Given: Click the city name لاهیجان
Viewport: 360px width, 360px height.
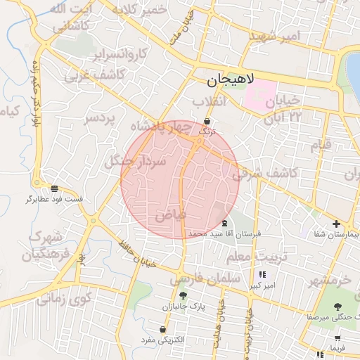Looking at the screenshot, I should (234, 82).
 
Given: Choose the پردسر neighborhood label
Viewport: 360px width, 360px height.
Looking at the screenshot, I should (99, 120).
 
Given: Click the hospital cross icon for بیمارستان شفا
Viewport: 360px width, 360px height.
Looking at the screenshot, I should (335, 224).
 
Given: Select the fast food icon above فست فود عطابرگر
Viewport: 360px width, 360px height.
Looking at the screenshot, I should (54, 188).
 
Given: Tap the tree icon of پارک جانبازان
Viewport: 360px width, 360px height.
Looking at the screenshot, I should (183, 296).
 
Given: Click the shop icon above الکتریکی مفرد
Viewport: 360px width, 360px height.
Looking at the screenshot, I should (163, 329).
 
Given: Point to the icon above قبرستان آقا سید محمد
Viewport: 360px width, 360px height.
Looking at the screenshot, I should (224, 222).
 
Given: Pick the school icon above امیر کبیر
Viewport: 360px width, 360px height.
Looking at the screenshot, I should (263, 275).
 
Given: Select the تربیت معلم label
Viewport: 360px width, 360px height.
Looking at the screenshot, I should (258, 257).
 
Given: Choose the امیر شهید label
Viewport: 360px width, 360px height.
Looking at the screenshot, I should (278, 35).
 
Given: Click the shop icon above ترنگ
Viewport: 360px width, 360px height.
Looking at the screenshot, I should (206, 121).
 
